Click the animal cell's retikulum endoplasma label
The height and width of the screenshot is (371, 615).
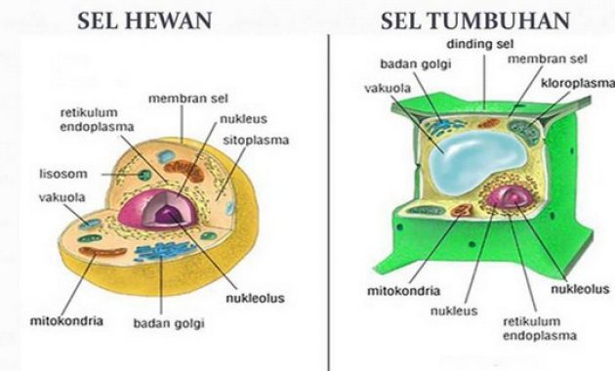coord(96,119)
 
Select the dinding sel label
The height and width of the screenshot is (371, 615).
coord(482,45)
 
